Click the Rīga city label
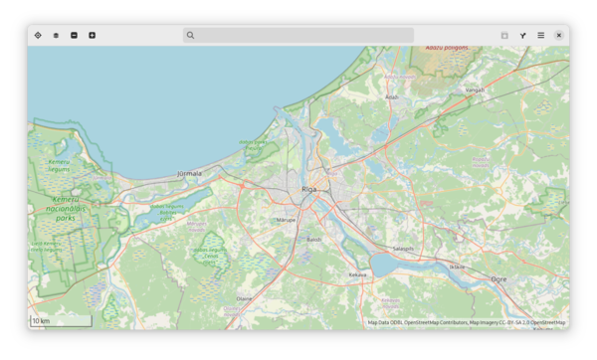pos(308,188)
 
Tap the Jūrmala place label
pos(188,173)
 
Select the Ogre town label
pos(498,279)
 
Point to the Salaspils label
pos(403,249)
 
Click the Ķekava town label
pos(357,274)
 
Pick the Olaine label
pos(244,297)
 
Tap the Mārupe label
pos(287,219)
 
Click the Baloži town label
pos(313,240)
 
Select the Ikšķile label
pos(457,267)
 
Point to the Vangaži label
pos(475,90)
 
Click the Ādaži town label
pos(392,97)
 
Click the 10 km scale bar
pos(61,321)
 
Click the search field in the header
pos(298,35)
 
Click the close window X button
pos(559,35)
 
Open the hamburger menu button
pos(541,35)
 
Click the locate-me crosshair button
pos(38,35)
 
